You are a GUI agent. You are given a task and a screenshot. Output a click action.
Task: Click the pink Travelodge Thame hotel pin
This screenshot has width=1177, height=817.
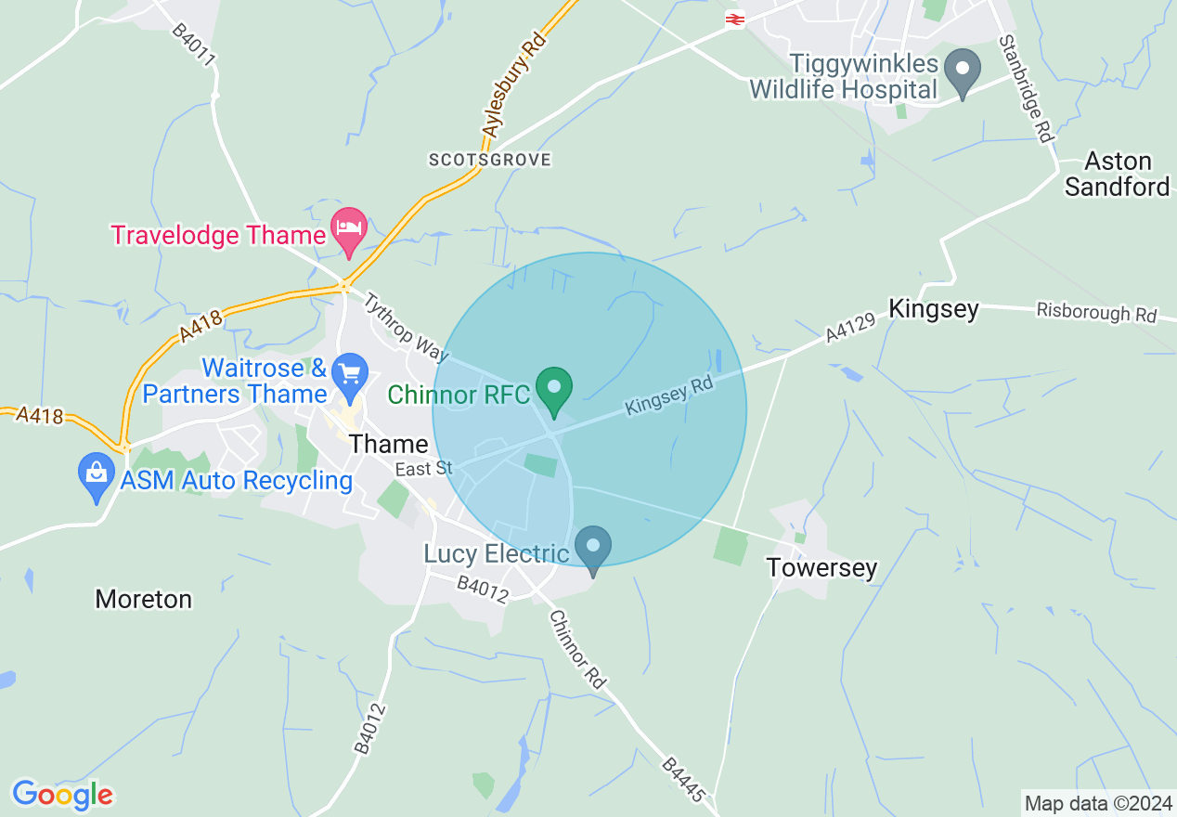(349, 229)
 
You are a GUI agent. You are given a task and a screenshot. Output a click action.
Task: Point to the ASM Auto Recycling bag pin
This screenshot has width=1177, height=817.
(97, 476)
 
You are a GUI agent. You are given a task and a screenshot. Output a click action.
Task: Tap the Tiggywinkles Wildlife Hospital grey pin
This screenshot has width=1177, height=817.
(963, 72)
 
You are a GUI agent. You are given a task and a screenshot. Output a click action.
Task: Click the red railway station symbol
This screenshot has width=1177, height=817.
(735, 19)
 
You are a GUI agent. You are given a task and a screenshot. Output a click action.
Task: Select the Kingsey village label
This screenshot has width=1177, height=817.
(933, 309)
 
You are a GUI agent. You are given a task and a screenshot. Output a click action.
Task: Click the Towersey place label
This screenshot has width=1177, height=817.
(821, 567)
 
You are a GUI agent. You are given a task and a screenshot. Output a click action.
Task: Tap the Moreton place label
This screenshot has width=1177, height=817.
(144, 599)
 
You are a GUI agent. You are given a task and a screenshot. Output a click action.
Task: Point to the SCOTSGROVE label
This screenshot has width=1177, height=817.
(489, 160)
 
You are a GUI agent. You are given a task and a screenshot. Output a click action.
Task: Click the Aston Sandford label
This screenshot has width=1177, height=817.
(1118, 174)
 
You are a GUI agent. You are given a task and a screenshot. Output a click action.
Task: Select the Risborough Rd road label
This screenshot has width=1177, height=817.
(1096, 313)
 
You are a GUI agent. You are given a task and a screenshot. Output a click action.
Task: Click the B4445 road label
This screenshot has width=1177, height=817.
(686, 780)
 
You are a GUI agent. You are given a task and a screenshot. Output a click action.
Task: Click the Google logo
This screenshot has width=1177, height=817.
(62, 795)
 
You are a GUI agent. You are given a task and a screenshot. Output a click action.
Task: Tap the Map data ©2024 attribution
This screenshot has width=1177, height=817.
(1096, 803)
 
